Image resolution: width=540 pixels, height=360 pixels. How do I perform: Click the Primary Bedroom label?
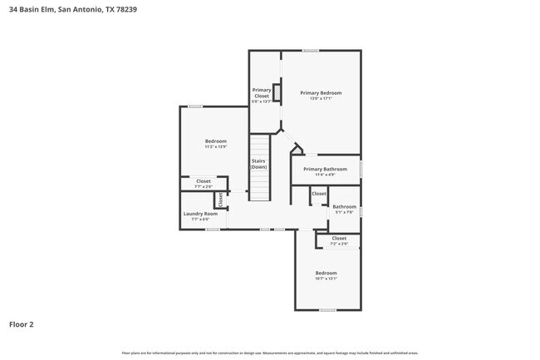321,92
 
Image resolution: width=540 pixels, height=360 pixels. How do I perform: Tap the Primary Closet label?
262,92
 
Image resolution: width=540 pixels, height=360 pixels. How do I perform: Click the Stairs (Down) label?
259,165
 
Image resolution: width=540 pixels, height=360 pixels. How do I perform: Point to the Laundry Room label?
199,214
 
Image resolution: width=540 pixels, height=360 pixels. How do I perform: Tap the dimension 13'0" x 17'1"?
321,98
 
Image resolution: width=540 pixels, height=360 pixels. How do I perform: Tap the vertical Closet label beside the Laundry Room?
220,200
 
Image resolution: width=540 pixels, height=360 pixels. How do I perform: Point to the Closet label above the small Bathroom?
319,194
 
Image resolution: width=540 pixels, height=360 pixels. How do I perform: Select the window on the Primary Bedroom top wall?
310,51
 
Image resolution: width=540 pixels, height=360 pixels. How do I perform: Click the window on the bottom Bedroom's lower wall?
327,310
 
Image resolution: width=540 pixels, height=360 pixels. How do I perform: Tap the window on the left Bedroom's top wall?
195,106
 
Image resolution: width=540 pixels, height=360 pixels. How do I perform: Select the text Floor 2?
22,323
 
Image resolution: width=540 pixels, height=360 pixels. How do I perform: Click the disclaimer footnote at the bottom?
270,353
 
